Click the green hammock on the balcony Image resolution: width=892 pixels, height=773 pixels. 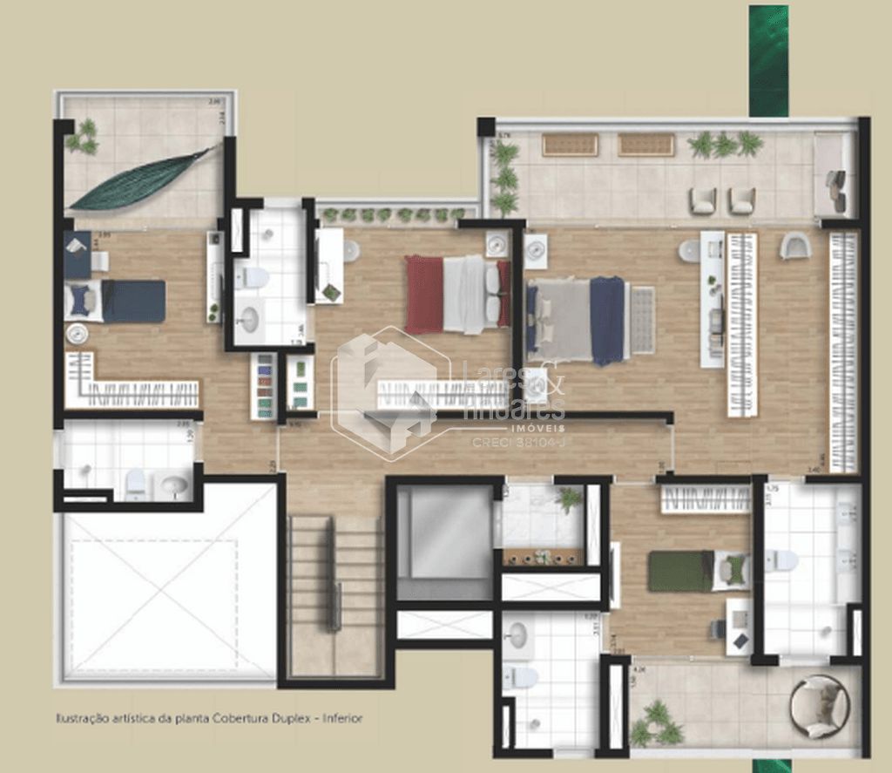tap(139, 180)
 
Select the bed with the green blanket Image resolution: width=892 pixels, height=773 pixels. tap(697, 571)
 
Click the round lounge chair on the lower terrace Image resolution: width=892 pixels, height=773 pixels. tap(819, 704)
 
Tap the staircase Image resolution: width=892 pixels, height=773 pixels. tap(335, 593)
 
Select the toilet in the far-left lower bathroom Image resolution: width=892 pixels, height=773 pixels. tap(136, 484)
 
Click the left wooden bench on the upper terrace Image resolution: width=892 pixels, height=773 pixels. tap(570, 145)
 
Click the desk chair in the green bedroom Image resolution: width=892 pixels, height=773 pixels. tap(716, 628)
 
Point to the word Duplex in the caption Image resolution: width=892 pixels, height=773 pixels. tap(293, 719)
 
